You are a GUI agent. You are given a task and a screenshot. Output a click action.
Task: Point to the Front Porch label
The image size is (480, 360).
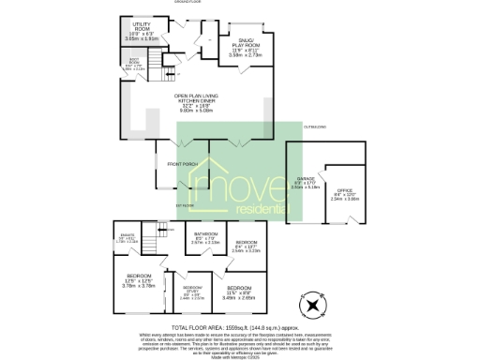pyautogui.click(x=181, y=165)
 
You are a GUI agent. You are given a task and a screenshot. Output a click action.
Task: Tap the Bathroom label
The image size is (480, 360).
pyautogui.click(x=205, y=233)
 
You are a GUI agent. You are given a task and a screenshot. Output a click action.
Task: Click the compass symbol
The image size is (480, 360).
pyautogui.click(x=312, y=305)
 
